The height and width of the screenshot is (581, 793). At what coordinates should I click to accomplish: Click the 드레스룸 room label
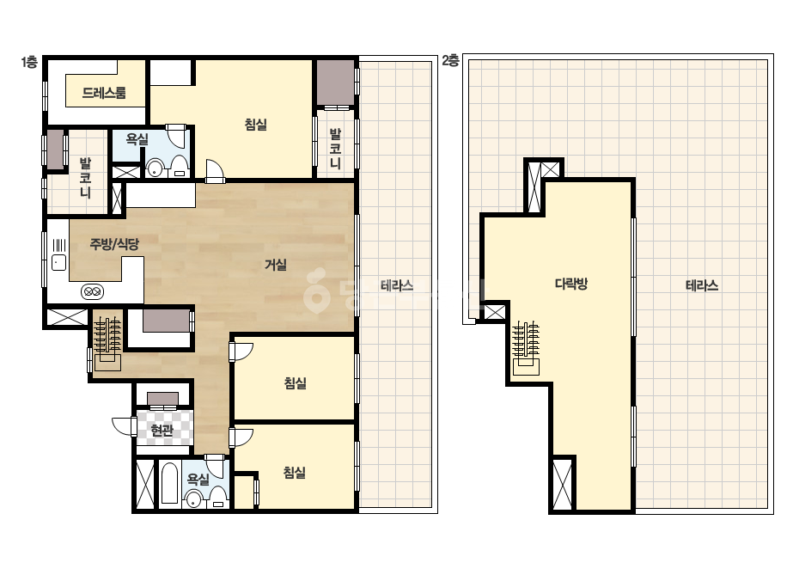coord(104,93)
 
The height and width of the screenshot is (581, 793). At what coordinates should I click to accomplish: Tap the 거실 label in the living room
coord(276,264)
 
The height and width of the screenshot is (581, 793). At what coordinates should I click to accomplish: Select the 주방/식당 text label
coord(114,244)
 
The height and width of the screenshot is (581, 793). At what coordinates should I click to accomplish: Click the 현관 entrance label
coord(162,431)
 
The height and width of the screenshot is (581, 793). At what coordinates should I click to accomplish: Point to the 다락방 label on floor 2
coord(571,284)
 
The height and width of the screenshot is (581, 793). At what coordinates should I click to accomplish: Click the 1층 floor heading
coord(29,62)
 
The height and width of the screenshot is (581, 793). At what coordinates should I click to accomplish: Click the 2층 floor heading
coord(450,61)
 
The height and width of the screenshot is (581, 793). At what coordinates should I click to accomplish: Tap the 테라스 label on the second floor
coord(702,285)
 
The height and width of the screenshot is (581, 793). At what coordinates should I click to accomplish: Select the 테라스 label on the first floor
coord(397,285)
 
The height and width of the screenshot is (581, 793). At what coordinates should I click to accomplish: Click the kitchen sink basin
coord(59,262)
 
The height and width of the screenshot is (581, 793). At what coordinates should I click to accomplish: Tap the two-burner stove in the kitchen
coord(92,291)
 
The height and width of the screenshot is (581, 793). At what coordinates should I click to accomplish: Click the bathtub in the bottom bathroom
coord(170,482)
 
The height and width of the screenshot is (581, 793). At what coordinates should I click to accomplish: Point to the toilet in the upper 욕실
coord(179,167)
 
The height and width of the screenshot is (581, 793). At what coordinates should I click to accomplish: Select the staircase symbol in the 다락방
coord(526,348)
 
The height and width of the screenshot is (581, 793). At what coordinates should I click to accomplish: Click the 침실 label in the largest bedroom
coord(255,124)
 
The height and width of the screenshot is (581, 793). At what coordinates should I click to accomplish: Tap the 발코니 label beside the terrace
coord(335,149)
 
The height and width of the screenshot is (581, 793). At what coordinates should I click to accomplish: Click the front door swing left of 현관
coord(122,425)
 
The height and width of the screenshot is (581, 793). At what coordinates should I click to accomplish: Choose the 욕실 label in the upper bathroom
coord(137,139)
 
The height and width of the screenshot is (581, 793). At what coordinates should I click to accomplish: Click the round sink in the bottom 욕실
coord(193,500)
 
